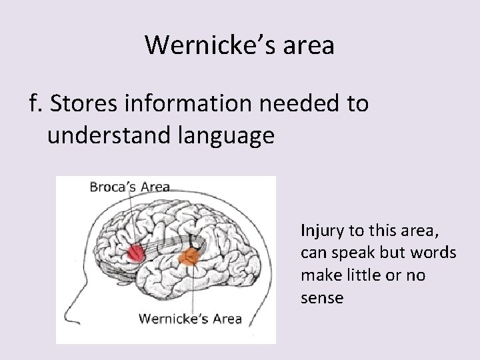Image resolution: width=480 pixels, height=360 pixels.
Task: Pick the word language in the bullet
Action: tap(221, 135)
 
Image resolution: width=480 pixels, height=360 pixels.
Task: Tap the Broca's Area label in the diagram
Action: tap(130, 187)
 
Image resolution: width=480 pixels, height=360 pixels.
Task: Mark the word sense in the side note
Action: tap(322, 297)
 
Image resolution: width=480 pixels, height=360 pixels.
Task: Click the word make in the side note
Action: tap(317, 275)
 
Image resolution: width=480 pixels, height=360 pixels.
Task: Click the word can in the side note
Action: tap(313, 253)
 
